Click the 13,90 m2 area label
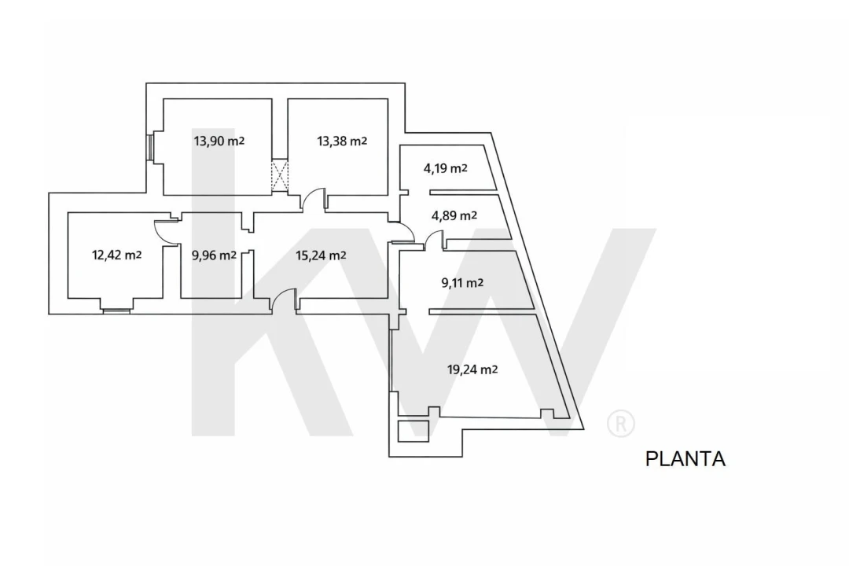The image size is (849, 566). click(x=219, y=141)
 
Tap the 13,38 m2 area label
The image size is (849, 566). click(x=342, y=141)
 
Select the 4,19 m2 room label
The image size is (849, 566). click(x=445, y=168)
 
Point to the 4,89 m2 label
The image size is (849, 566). click(x=454, y=216)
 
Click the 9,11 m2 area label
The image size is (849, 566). click(x=462, y=283)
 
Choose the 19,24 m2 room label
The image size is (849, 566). click(x=472, y=370)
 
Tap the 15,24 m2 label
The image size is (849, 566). click(x=321, y=255)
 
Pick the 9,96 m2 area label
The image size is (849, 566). click(x=214, y=255)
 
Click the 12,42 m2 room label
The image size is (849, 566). click(x=117, y=255)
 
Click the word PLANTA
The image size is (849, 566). click(x=685, y=459)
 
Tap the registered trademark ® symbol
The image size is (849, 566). click(x=620, y=424)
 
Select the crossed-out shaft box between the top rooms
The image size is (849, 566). click(x=279, y=175)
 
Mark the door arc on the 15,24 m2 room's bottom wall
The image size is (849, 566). click(x=284, y=300)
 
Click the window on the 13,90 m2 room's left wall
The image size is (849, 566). click(x=150, y=147)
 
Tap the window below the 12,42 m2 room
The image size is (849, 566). click(x=117, y=311)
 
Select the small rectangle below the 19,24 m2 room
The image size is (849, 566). click(x=413, y=431)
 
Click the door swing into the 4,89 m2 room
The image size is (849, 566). click(x=435, y=241)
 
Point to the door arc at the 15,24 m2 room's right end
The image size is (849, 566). click(x=402, y=232)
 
